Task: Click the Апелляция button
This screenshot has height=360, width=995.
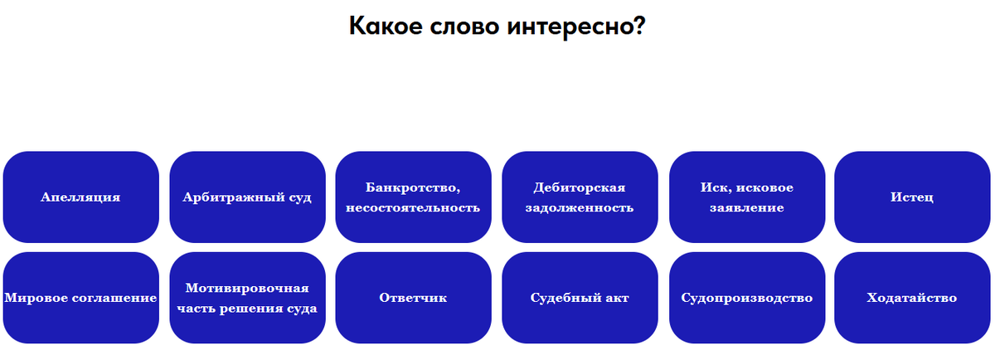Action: point(81,197)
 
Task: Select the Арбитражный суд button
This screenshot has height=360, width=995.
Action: point(247,197)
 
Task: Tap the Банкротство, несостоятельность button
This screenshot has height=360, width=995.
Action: point(413,197)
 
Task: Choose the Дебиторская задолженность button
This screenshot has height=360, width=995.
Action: point(580,197)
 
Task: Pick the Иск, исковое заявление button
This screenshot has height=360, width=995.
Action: point(746,197)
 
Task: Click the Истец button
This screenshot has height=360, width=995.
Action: point(912,197)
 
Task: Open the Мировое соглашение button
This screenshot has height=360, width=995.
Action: point(81,298)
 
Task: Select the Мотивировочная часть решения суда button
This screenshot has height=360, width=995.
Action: point(247,298)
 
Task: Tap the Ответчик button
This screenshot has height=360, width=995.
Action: point(413,298)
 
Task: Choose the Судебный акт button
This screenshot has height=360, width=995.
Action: point(580,298)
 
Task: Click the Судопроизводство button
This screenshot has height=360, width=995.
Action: point(746,298)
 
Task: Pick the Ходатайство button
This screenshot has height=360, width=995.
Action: point(912,298)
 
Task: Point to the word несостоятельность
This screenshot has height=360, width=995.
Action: point(413,207)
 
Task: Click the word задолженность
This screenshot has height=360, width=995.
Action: point(580,207)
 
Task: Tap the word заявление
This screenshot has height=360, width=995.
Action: point(746,207)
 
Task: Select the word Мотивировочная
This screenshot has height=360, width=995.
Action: point(247,288)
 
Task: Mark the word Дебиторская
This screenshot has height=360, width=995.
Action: point(580,187)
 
